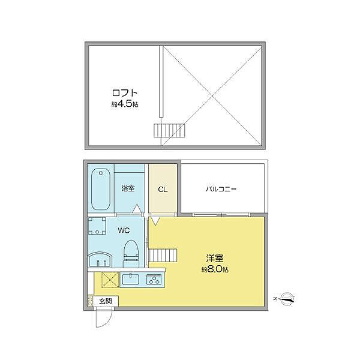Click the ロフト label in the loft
coord(125,93)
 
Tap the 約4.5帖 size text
coord(125,104)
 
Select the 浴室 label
coord(128,189)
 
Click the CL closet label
coord(163,190)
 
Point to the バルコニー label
coord(221,189)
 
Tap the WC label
coord(124,230)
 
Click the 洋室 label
coord(215,259)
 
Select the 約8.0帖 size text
coord(215,269)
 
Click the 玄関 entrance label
coord(106,301)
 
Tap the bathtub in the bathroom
coord(101,189)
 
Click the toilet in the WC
coord(131,254)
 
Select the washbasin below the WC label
coord(100,260)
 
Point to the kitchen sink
coord(130,280)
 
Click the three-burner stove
coord(154,280)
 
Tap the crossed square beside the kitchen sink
coord(110,280)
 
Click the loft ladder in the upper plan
coord(169,131)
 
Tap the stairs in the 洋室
coord(163,255)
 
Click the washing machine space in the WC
coord(97,226)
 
